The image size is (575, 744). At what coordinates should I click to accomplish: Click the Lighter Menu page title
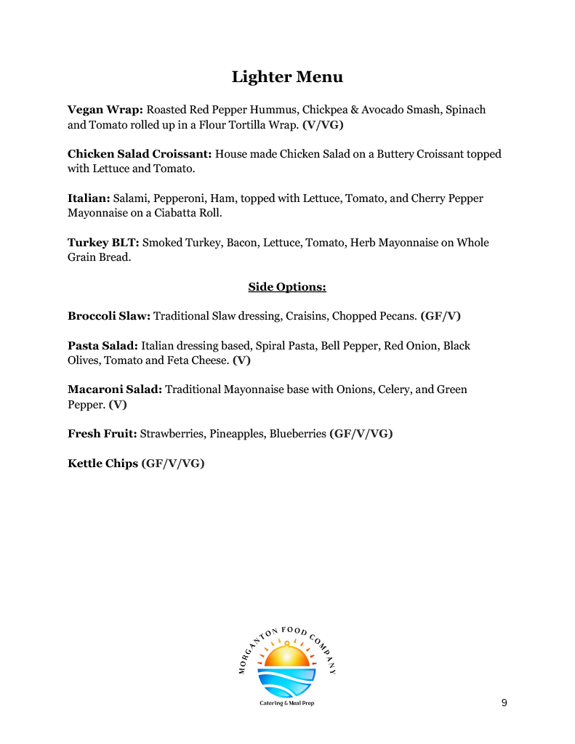287,77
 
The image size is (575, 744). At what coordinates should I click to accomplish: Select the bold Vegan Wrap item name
105,110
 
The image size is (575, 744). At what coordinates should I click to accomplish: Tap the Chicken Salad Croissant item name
140,154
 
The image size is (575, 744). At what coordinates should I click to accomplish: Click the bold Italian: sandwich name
89,198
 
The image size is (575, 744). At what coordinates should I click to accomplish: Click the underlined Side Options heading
287,287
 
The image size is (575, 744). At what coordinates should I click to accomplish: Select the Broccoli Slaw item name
109,316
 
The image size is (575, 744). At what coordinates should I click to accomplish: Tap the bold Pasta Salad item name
102,346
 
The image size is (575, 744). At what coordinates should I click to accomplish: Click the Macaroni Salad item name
115,389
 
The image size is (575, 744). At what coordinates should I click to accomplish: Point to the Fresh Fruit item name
102,434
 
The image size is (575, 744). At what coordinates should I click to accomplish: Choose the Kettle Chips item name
102,463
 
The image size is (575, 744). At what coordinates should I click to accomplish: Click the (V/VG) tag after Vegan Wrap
323,125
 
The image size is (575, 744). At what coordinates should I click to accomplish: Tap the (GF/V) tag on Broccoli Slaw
441,316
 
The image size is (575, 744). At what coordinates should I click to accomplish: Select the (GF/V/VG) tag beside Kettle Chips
173,463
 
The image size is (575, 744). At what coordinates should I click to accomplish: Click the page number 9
504,703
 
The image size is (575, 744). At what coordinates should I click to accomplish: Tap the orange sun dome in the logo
287,658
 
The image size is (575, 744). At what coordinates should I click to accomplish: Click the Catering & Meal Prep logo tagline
287,703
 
